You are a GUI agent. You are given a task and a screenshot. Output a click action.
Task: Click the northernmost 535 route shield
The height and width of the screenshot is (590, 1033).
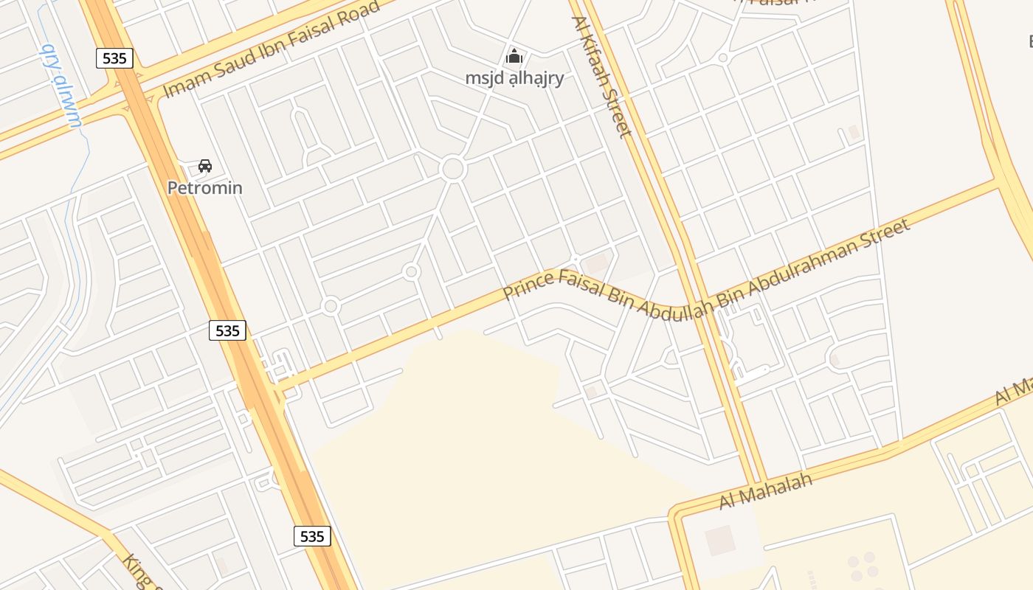[114, 58]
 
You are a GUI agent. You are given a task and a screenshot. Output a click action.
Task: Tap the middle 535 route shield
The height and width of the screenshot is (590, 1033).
[227, 330]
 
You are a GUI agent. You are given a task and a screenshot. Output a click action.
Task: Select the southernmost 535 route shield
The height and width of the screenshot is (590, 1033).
[312, 536]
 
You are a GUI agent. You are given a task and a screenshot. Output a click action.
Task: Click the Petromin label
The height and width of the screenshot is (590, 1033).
[204, 187]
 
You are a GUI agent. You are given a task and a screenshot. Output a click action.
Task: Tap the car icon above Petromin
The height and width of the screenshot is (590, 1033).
[205, 166]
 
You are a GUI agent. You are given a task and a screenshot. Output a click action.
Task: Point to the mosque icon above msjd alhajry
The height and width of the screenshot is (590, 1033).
[514, 56]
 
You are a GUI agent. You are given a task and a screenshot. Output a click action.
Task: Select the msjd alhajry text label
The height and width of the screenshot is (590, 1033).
[514, 77]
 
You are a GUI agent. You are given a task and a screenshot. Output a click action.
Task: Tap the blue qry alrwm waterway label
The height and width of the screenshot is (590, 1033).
[62, 86]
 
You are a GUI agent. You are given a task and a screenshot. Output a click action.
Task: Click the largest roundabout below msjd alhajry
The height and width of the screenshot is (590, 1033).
[452, 169]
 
